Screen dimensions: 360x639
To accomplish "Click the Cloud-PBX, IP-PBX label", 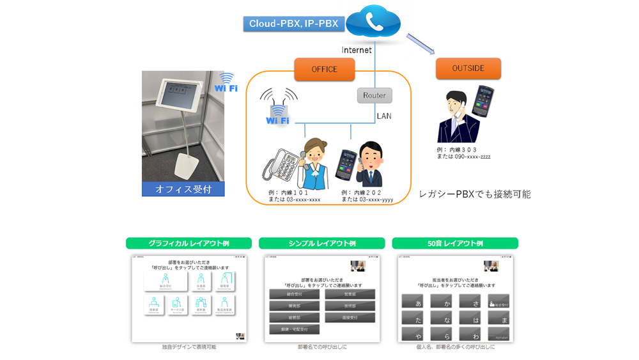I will (x=294, y=24).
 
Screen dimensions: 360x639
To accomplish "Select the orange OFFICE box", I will (x=324, y=69).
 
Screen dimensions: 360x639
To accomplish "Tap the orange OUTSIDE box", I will (x=468, y=68).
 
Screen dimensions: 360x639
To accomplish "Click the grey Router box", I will (x=374, y=95).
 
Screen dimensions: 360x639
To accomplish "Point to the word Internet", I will (x=357, y=50).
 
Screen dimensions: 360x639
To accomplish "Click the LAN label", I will (x=384, y=116).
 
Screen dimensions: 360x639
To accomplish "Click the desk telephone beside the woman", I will (x=281, y=168).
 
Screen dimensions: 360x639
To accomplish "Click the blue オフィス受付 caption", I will (x=183, y=189).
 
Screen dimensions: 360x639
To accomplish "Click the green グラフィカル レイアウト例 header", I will (x=189, y=244).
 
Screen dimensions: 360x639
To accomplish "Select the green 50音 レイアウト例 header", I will (x=455, y=244).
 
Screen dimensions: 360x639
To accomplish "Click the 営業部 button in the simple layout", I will (x=350, y=295).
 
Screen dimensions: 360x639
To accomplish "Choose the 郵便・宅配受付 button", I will (x=294, y=330).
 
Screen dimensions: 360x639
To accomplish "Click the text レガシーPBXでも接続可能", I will (x=474, y=194).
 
